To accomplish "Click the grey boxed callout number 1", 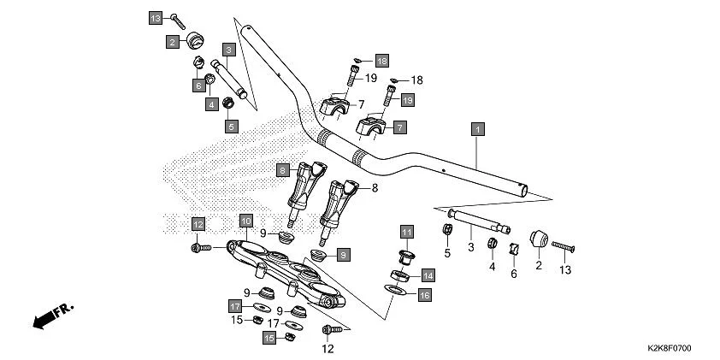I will coord(478,130).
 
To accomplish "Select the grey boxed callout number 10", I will coord(245,221).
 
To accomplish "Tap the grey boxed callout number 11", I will coord(407,232).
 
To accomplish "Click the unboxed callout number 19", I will coord(371,79).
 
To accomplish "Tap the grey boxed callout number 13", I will coord(155,18).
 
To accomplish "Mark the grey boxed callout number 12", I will coord(198,224).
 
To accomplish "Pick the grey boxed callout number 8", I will coord(281,171).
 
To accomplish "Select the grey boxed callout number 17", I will coord(234,306).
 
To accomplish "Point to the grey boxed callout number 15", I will coord(269,339).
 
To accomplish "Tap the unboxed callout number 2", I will coord(539,266).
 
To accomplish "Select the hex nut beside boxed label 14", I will coord(398,275).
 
